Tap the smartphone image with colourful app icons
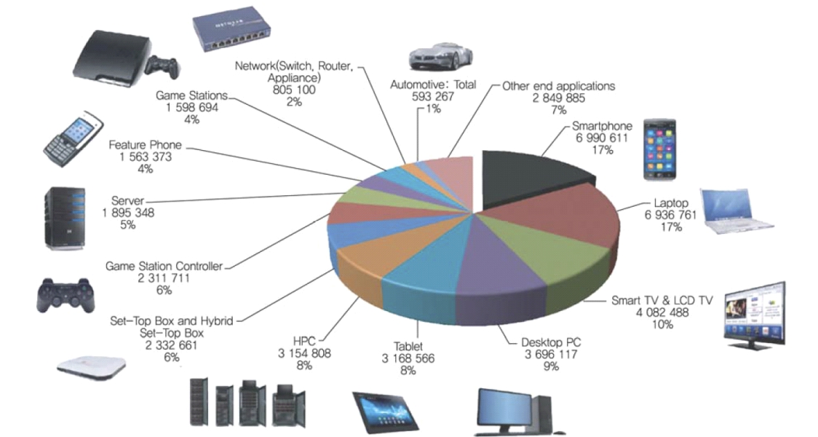coord(658,149)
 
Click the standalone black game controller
coord(65,294)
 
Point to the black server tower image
coord(65,219)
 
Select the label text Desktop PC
coord(551,342)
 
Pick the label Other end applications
coord(558,86)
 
